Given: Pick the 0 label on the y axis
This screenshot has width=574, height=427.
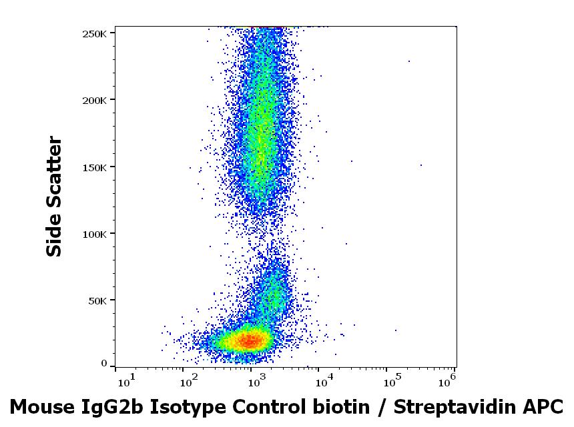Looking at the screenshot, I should point(103,364).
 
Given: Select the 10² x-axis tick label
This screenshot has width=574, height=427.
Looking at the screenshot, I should point(190,380).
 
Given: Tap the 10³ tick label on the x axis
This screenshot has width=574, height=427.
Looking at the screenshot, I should point(257,380).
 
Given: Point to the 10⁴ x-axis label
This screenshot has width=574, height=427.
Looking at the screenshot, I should point(324,380).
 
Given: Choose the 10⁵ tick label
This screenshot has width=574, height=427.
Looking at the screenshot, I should point(391,380).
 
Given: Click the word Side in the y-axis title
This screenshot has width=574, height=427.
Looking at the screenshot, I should point(54,235).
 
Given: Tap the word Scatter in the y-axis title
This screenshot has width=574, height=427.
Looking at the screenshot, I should point(54,175).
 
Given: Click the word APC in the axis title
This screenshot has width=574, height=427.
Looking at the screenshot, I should point(545,406).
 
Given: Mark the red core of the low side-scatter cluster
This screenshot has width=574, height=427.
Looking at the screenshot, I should point(249,341).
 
